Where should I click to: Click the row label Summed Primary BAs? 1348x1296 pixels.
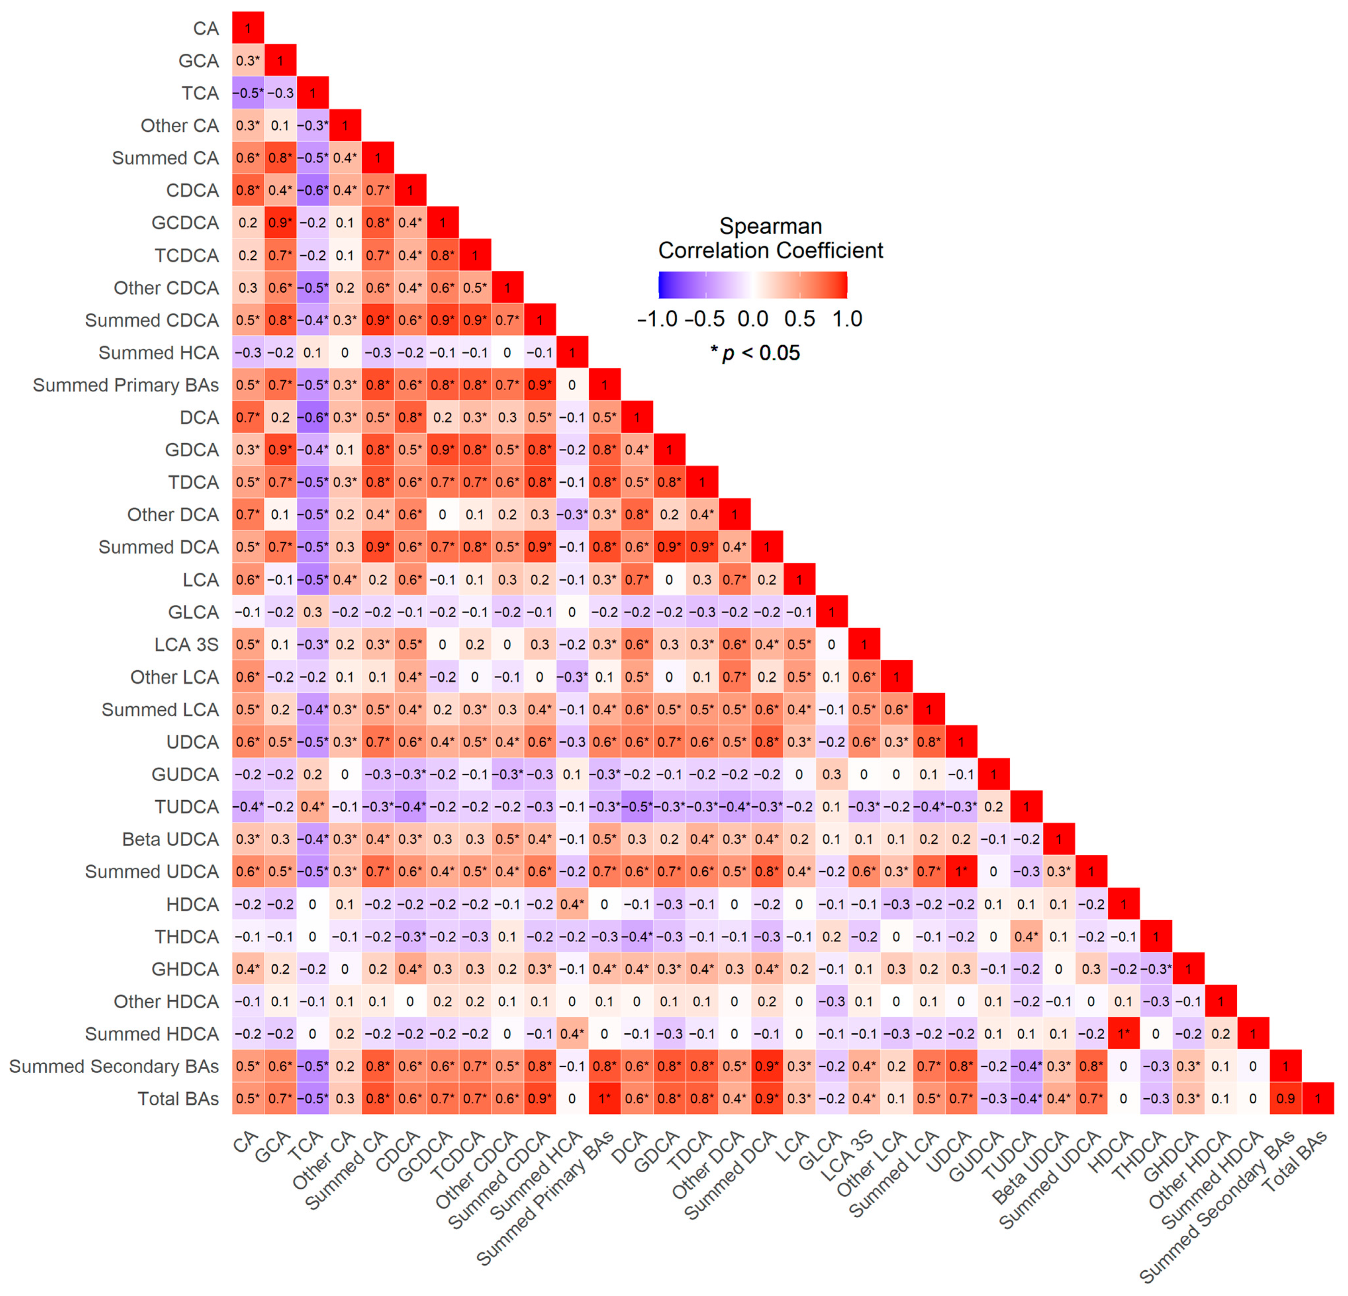(x=126, y=385)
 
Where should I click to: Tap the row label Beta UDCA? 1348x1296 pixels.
(x=171, y=839)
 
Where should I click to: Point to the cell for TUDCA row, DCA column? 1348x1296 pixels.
(x=637, y=807)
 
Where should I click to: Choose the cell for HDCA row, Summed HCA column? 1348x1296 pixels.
(x=572, y=904)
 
